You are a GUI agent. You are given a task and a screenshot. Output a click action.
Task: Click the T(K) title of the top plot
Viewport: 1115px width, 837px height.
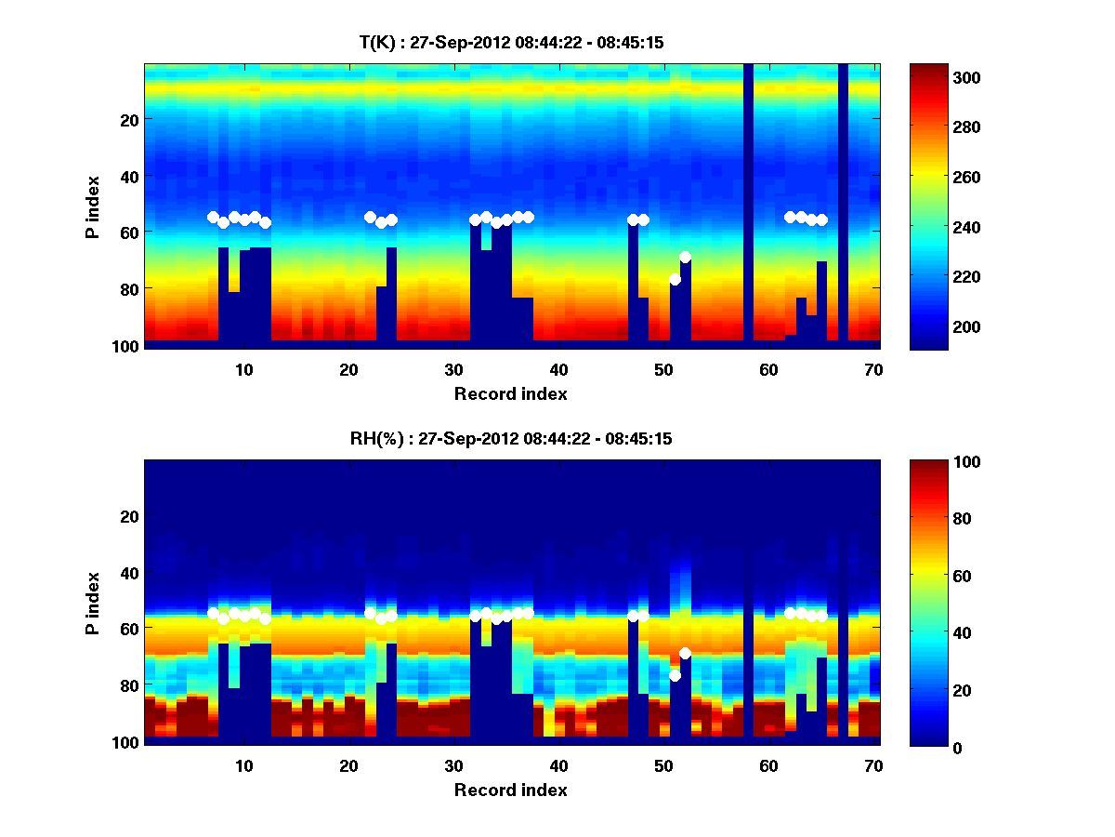coord(511,43)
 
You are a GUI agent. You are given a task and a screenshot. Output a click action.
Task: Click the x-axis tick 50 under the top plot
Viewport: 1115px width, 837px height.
coord(663,369)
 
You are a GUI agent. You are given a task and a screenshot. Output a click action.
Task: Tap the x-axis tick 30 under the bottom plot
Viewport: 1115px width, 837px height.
coord(453,765)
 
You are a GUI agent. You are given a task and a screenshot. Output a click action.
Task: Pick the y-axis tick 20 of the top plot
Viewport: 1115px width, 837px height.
coord(128,120)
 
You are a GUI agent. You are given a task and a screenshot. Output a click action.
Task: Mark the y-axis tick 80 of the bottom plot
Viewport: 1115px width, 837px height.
coord(128,685)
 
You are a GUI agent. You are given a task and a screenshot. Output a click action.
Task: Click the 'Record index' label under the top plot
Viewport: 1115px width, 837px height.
coord(510,393)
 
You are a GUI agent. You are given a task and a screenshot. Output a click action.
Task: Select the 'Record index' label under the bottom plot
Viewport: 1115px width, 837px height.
coord(510,790)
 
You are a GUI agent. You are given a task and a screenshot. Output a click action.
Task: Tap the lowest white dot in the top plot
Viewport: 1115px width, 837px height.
coord(675,279)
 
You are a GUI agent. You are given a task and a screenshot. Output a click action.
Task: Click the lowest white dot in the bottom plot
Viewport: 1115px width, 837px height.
coord(675,675)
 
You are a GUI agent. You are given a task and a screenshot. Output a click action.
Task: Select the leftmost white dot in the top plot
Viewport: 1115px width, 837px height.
coord(213,217)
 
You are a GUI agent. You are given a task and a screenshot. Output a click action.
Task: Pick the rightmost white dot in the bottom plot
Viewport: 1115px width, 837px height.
coord(821,616)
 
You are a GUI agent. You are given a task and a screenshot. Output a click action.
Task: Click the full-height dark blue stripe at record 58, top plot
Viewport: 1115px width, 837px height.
coord(748,205)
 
